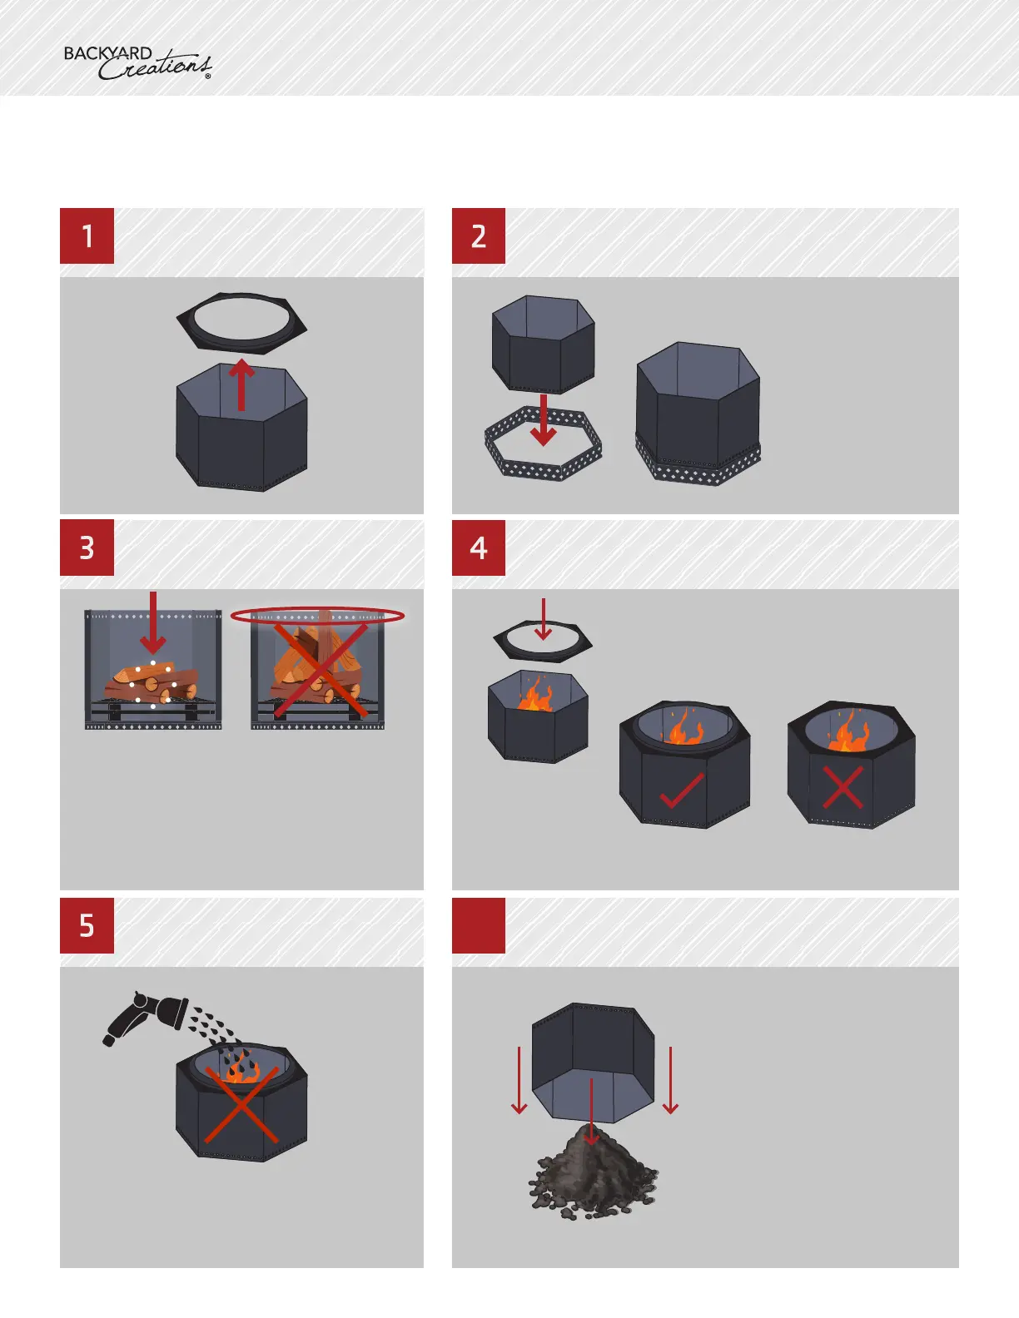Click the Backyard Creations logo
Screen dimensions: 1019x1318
click(137, 63)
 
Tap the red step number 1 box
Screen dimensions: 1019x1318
click(87, 236)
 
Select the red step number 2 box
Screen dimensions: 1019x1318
click(478, 236)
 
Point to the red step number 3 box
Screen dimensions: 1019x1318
click(87, 548)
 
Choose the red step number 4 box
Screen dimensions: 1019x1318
click(478, 548)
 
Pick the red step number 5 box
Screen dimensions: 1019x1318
click(87, 925)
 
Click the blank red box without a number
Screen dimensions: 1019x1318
click(478, 925)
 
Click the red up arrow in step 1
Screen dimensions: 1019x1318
click(241, 384)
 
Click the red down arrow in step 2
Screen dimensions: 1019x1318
click(543, 419)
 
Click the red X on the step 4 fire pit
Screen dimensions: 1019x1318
click(843, 787)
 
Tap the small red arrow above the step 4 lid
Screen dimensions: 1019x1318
click(543, 619)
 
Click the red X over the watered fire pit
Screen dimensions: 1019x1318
click(241, 1105)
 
